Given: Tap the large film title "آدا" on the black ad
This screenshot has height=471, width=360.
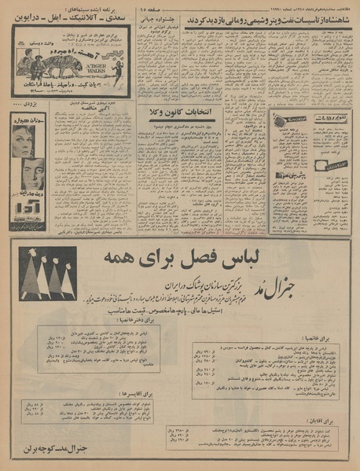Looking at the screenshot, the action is coord(28,215).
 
